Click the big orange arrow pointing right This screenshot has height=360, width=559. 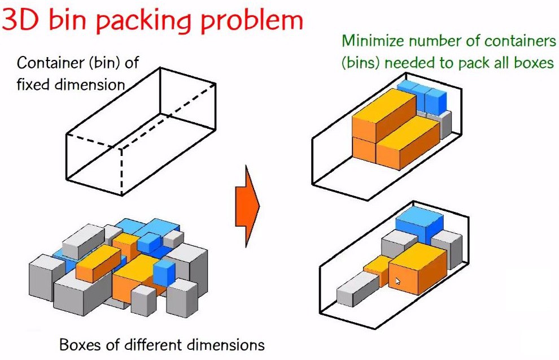click(x=247, y=206)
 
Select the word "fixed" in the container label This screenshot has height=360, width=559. click(x=33, y=85)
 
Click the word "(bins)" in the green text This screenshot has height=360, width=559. click(x=362, y=63)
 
